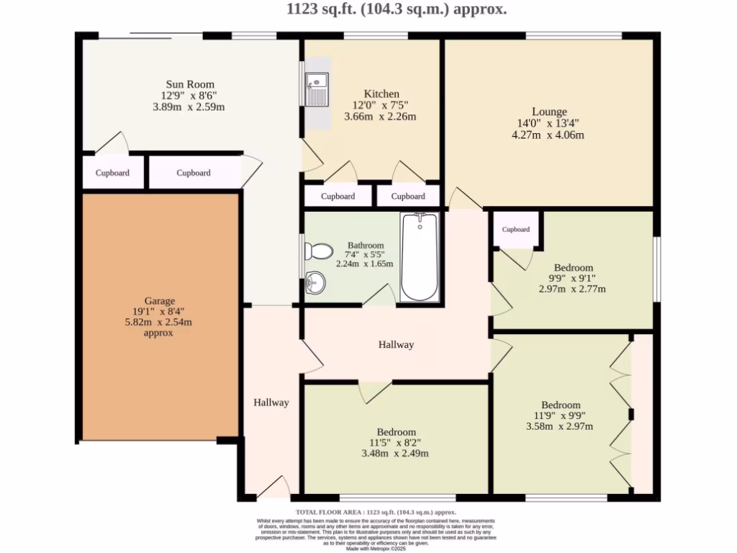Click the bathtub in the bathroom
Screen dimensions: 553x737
tap(419, 257)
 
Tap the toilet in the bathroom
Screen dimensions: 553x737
tap(318, 251)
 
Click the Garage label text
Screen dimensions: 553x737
tap(159, 301)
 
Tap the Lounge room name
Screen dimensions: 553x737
tap(549, 112)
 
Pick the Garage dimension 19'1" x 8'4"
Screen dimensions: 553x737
tap(159, 312)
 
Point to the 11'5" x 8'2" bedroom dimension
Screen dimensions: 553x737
tap(394, 442)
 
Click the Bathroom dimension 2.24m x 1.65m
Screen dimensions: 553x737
tap(365, 264)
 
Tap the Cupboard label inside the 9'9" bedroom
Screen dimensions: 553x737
tap(515, 230)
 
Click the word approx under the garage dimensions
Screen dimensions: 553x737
tap(159, 333)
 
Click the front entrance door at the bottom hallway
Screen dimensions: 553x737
tap(273, 489)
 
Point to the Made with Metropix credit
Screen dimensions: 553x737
tap(376, 549)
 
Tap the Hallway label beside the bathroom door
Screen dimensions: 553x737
tap(396, 345)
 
